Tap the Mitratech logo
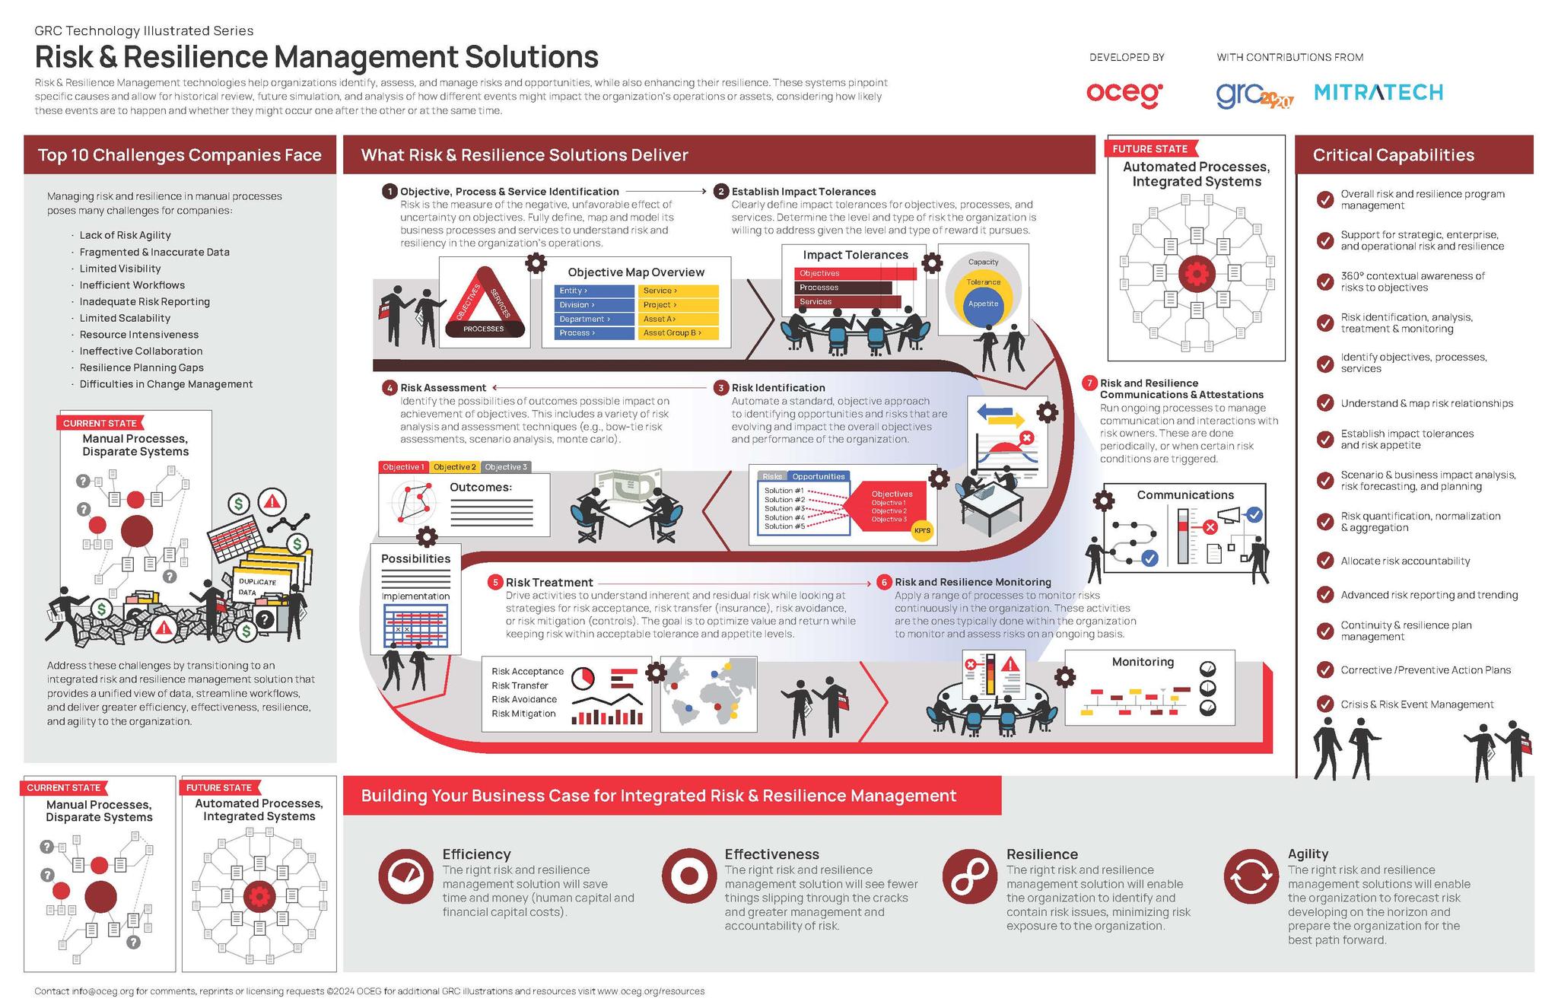click(x=1378, y=93)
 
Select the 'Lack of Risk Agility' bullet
click(x=125, y=235)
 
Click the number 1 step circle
click(x=389, y=191)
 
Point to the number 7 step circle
click(x=1089, y=383)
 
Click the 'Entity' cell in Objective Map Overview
click(x=594, y=291)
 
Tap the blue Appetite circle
click(x=983, y=304)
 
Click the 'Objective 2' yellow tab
click(x=454, y=467)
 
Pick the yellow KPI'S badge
click(x=922, y=530)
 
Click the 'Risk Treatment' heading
click(x=549, y=583)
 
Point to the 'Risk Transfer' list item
click(x=520, y=685)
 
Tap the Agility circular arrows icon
click(x=1252, y=876)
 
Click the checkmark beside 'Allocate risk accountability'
click(x=1324, y=561)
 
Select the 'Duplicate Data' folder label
click(x=257, y=587)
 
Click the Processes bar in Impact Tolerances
click(x=843, y=288)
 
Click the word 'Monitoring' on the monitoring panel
click(x=1143, y=662)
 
